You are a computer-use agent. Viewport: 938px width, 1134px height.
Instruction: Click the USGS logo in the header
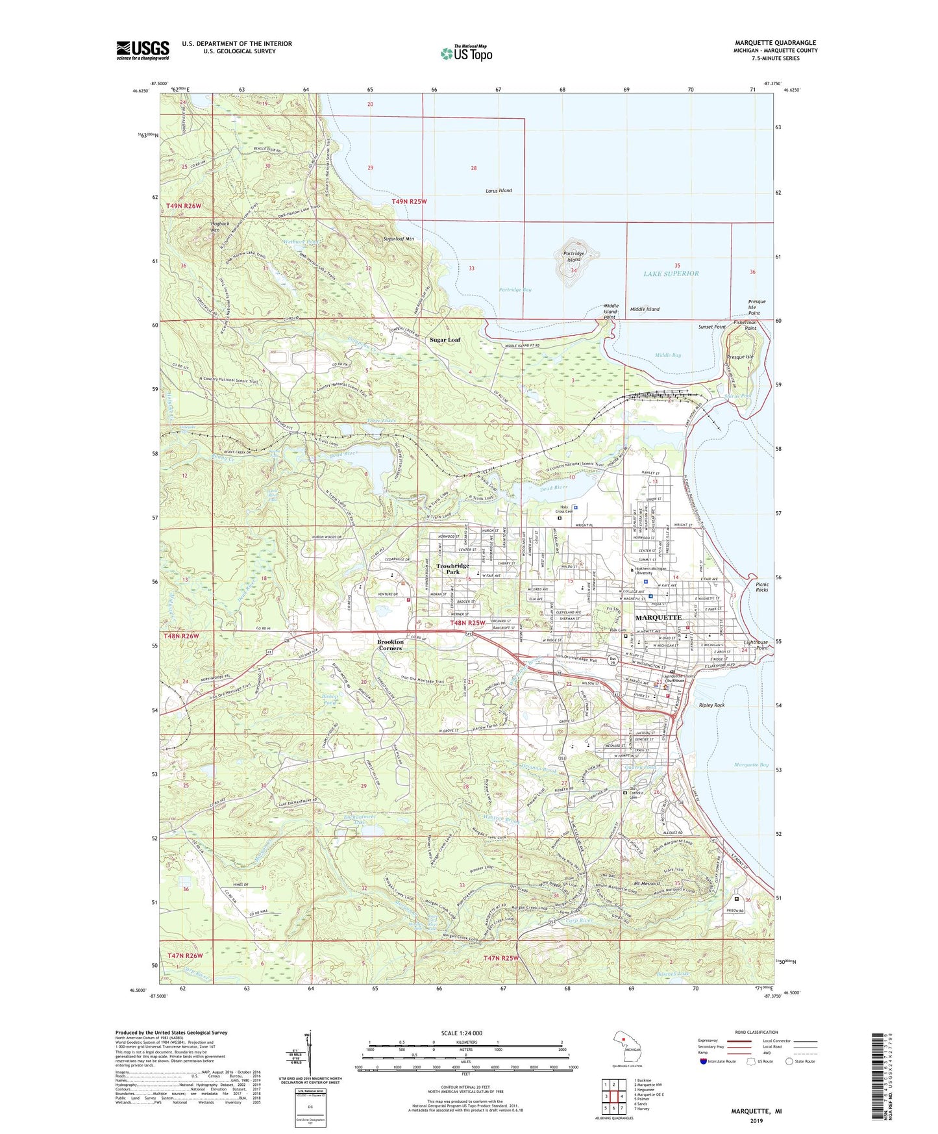pos(143,49)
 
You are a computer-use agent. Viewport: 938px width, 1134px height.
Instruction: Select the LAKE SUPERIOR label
pos(671,273)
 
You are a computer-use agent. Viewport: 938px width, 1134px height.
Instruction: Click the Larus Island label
pos(499,191)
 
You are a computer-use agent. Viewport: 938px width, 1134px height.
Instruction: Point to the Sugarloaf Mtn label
pos(399,239)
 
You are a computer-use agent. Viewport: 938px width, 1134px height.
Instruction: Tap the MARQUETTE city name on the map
pos(658,617)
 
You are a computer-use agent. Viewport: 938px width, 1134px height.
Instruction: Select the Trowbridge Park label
pos(452,569)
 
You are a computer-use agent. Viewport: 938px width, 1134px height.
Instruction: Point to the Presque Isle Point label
pos(756,307)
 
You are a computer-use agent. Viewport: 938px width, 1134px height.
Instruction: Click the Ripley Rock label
pos(711,705)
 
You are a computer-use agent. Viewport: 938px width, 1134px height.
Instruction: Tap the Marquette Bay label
pos(751,765)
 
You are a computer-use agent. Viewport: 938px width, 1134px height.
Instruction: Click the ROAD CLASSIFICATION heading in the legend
pos(756,1032)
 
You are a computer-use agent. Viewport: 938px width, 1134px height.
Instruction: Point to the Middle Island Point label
pos(610,311)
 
